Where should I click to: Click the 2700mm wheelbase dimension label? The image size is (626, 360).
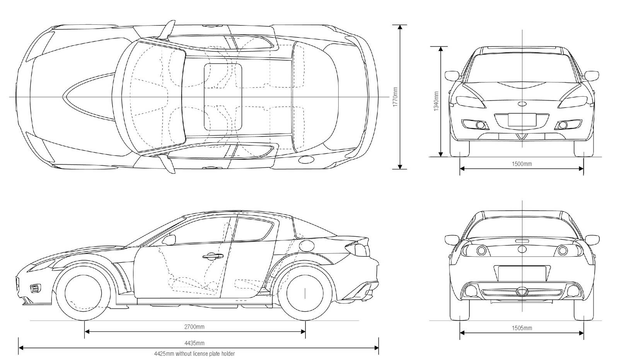tap(194, 327)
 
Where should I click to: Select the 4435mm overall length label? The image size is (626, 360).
tap(194, 343)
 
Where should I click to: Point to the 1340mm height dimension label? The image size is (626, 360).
tap(436, 101)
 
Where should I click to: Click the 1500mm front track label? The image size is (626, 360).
tap(522, 164)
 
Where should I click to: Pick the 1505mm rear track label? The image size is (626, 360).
tap(522, 328)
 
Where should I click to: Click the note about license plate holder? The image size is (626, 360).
tap(194, 353)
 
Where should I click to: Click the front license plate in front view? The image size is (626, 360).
tap(522, 119)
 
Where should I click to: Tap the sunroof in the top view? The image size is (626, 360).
tap(223, 96)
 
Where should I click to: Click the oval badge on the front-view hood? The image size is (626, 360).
tap(522, 104)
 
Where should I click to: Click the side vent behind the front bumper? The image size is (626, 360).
tap(35, 288)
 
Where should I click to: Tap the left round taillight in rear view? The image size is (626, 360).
tap(481, 251)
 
